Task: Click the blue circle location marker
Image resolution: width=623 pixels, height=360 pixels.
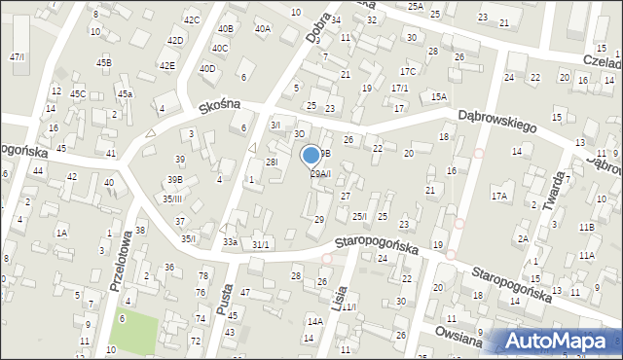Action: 311,155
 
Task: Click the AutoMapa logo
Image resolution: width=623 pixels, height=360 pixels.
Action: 558,342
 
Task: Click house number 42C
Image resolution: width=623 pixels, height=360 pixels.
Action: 192,19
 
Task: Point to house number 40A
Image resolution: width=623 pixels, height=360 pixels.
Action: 263,29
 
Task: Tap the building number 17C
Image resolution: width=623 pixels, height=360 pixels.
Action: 408,71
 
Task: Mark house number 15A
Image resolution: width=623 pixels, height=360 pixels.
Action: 439,96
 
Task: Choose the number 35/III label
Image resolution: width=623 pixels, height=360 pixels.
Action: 172,198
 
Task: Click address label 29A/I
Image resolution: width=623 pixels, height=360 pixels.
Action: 320,174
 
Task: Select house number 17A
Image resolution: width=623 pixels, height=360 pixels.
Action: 498,196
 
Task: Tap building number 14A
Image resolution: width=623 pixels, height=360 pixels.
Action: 314,321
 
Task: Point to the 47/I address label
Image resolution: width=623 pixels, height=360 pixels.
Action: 17,56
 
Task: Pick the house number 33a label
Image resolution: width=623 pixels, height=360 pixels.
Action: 230,241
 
